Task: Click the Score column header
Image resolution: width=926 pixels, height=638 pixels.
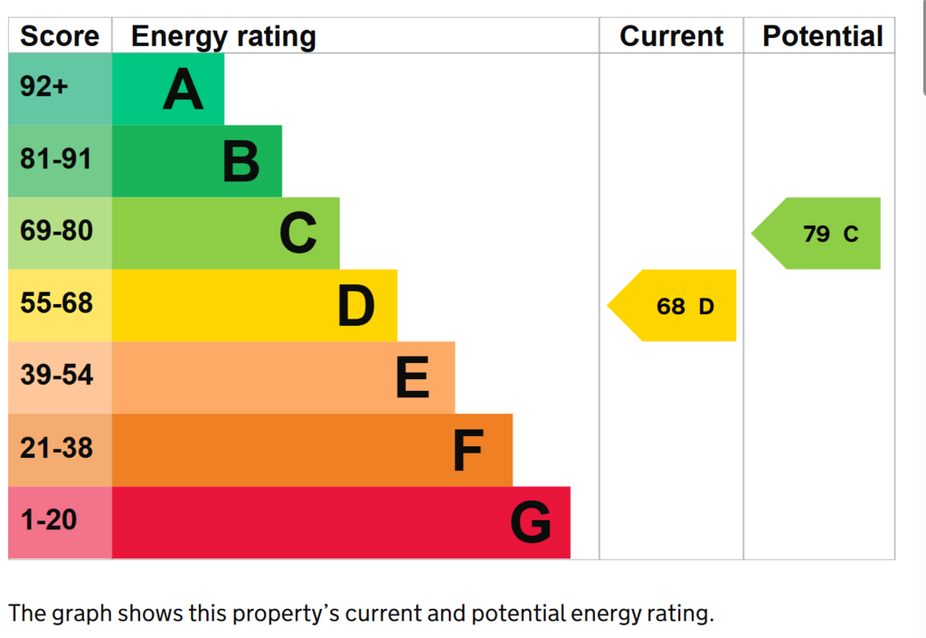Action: [x=60, y=36]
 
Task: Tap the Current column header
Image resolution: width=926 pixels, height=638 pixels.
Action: [x=672, y=36]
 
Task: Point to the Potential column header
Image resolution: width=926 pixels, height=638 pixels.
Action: [x=823, y=36]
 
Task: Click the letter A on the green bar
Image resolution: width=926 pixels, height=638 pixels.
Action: [x=183, y=90]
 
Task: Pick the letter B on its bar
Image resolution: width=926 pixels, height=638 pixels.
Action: [x=241, y=161]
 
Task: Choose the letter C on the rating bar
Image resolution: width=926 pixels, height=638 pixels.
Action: [x=298, y=233]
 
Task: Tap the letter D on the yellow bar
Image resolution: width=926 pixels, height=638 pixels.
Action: [x=356, y=305]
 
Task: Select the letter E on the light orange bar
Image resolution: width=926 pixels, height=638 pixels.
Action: [x=412, y=377]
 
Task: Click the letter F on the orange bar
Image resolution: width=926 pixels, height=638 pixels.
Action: [x=468, y=450]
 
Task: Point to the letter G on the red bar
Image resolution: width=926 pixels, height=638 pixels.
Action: [x=530, y=521]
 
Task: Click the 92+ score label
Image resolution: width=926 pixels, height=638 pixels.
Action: [x=43, y=87]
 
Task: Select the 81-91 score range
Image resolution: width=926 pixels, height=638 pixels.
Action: [x=56, y=159]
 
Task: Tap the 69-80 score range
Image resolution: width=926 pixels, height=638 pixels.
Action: [x=57, y=231]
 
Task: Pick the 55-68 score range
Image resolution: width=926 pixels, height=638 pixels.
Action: [x=57, y=303]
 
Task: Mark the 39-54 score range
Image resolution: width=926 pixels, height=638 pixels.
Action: [x=57, y=376]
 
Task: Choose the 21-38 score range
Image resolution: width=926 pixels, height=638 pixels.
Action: [x=57, y=448]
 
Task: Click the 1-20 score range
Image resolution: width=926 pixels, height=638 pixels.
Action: [x=49, y=519]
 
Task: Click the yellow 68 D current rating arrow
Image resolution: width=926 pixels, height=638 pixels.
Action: [x=672, y=305]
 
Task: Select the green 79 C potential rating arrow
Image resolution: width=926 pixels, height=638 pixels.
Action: [x=817, y=233]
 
